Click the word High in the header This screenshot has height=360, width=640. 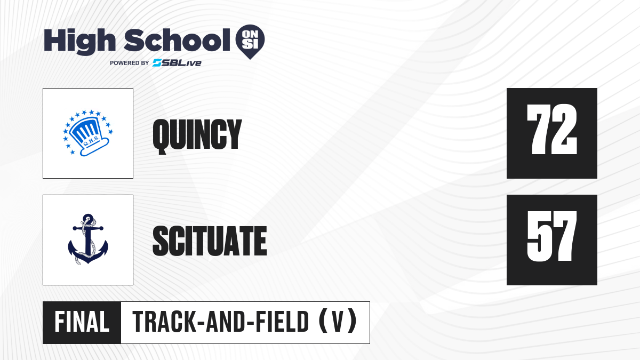pyautogui.click(x=79, y=41)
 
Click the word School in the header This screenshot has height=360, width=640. pyautogui.click(x=177, y=40)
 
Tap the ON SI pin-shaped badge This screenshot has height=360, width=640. pyautogui.click(x=250, y=42)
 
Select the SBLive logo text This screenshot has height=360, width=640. pyautogui.click(x=177, y=63)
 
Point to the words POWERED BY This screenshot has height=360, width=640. pyautogui.click(x=130, y=63)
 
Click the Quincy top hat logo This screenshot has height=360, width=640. pyautogui.click(x=88, y=133)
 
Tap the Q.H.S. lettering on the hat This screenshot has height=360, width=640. pyautogui.click(x=90, y=141)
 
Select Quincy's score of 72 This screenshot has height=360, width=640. pyautogui.click(x=551, y=129)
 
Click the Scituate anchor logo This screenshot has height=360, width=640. pyautogui.click(x=88, y=239)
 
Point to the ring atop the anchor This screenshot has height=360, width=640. pyautogui.click(x=88, y=218)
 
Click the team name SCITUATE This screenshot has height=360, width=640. pyautogui.click(x=210, y=241)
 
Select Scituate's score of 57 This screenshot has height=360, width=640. pyautogui.click(x=551, y=236)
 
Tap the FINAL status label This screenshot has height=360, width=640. pyautogui.click(x=82, y=322)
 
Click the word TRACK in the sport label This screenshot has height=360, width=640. pyautogui.click(x=164, y=322)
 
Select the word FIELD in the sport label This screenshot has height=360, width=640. pyautogui.click(x=282, y=322)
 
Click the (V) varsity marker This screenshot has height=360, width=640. pyautogui.click(x=338, y=322)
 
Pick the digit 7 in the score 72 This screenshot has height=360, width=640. pyautogui.click(x=539, y=129)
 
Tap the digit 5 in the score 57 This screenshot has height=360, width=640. pyautogui.click(x=539, y=236)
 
